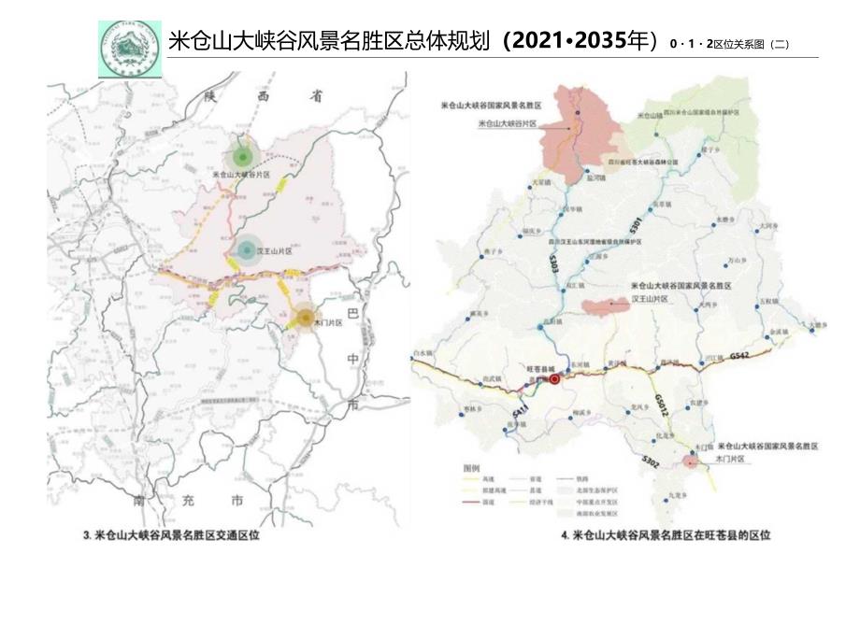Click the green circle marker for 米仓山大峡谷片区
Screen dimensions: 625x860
243,156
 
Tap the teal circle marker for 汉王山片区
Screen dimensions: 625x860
246,249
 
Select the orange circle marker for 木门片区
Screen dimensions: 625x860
306,319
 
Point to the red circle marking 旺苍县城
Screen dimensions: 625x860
554,379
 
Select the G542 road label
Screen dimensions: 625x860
739,356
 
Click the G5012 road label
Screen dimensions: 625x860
661,405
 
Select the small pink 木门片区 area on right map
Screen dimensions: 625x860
691,462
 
